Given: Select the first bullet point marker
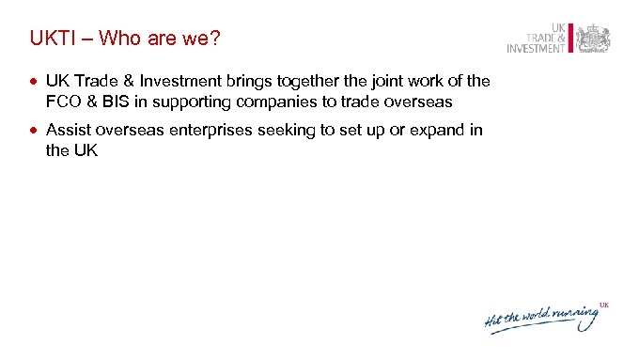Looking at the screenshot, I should point(34,82).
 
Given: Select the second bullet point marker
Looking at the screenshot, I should point(34,130).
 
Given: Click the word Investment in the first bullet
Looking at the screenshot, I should point(175,82).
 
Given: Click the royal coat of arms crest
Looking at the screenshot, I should point(592,39).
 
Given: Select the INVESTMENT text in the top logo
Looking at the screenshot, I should point(536,49).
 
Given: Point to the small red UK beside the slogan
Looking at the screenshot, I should point(605,305).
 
